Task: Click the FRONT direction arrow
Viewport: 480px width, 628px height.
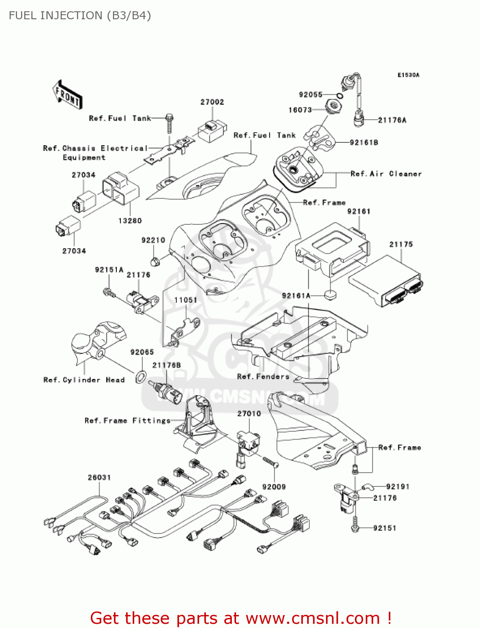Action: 67,95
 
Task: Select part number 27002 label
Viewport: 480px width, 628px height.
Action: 212,102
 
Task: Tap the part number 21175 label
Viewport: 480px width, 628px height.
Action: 401,245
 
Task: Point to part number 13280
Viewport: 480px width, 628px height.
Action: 130,221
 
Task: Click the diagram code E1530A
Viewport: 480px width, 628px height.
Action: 408,75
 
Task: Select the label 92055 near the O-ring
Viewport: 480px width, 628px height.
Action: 311,95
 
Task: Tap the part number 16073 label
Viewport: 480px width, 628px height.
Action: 300,110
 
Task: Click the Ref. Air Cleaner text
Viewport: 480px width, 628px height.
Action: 386,174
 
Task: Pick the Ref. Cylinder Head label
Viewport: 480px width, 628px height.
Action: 84,380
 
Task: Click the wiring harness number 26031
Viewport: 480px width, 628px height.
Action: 99,478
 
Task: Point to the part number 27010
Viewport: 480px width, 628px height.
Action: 249,414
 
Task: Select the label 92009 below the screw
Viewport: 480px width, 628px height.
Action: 274,487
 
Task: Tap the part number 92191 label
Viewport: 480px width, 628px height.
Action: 398,487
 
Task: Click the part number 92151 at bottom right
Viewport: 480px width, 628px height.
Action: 385,528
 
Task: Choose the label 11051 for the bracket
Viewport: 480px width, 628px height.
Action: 185,300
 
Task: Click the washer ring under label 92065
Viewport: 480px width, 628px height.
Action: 141,377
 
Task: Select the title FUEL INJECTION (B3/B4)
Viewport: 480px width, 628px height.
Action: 80,15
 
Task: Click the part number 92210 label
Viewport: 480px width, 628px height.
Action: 153,240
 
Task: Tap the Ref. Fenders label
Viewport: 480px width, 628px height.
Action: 263,377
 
